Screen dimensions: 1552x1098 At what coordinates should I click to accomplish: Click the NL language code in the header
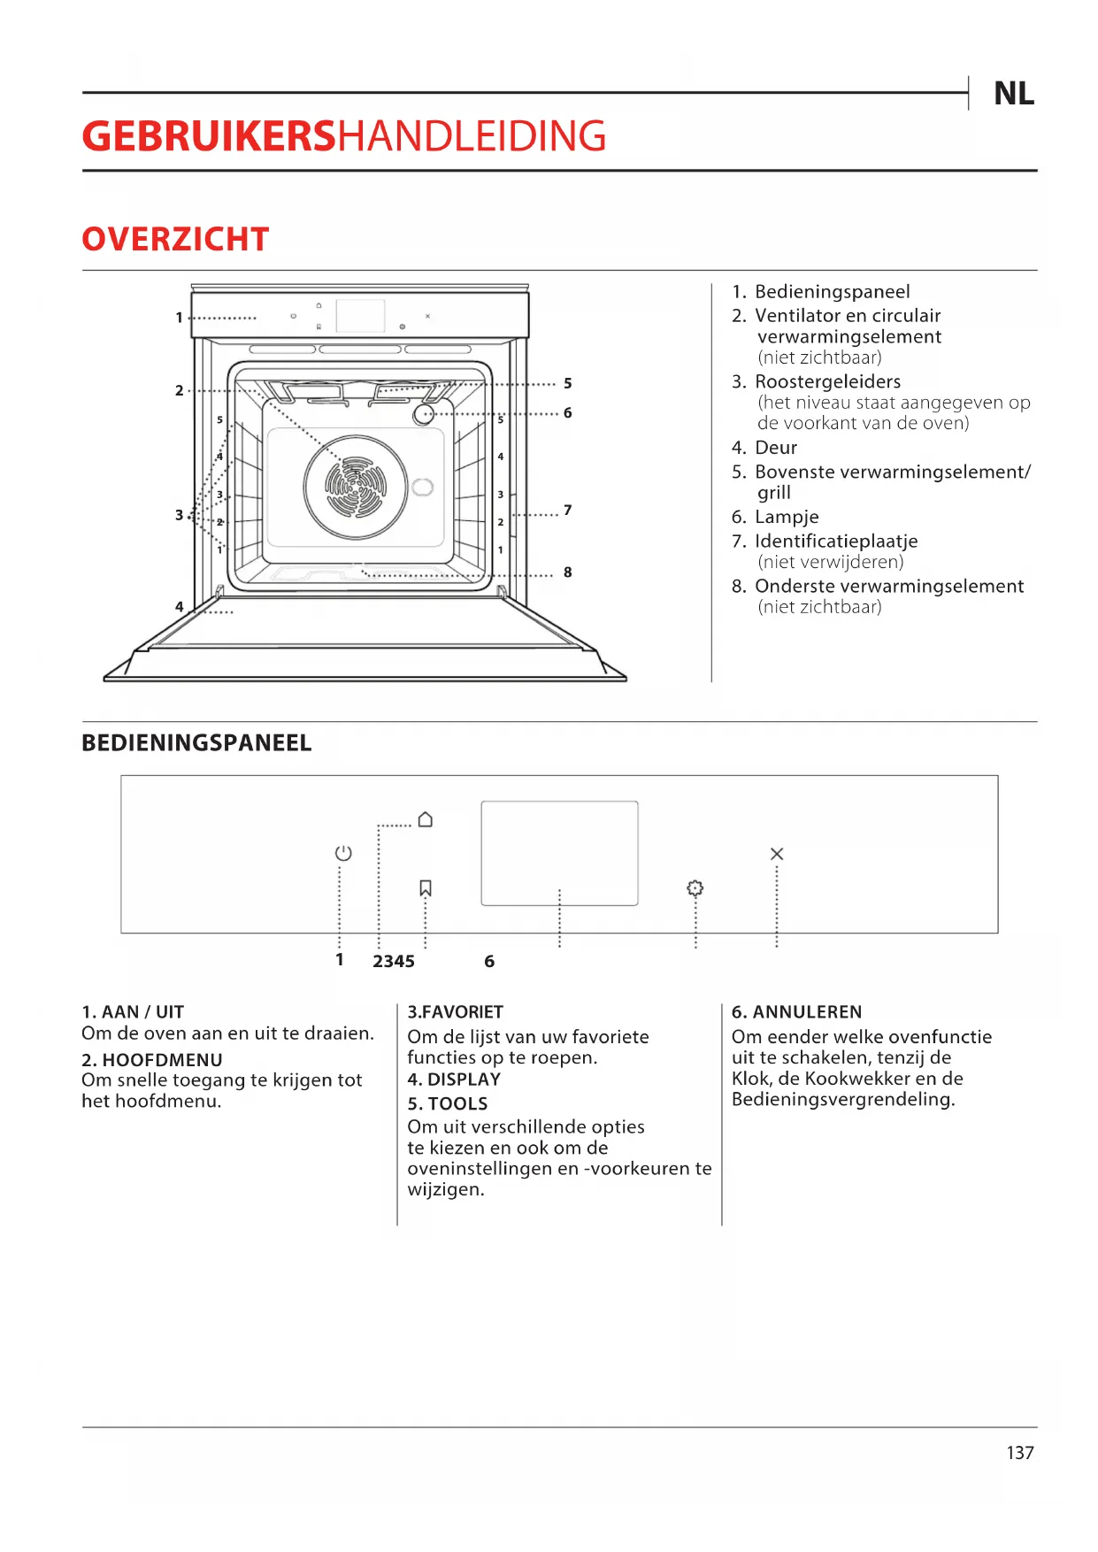coord(1013,94)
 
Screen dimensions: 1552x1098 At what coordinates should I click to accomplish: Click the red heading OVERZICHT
coord(175,239)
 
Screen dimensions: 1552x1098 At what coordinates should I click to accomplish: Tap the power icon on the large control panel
coord(343,853)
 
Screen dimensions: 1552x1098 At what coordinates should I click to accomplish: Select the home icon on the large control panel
coord(426,819)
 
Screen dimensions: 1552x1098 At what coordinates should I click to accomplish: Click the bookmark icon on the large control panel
coord(426,887)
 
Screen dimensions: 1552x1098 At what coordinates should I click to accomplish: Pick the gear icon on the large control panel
coord(695,887)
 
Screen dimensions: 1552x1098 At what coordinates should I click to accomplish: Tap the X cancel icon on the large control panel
coord(777,854)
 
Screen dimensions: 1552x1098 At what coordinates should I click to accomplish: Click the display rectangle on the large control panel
coord(559,853)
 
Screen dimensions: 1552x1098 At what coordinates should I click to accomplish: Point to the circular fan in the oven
coord(356,488)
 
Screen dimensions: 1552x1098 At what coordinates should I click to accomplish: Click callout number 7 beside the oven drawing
coord(568,510)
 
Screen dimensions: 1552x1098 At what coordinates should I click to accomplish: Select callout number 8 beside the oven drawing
coord(568,572)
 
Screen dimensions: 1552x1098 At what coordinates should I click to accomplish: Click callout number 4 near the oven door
coord(180,607)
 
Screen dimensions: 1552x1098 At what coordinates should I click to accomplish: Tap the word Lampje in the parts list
coord(787,517)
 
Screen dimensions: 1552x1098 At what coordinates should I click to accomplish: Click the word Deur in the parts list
coord(776,448)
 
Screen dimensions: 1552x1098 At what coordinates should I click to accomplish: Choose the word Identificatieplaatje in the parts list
coord(836,541)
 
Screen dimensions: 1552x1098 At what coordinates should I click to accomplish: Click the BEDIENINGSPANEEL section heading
coord(196,742)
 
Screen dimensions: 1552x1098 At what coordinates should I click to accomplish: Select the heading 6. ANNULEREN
coord(796,1011)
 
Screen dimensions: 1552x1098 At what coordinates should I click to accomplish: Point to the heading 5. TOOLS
coord(448,1103)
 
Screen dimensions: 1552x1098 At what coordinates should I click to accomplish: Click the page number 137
coord(1020,1453)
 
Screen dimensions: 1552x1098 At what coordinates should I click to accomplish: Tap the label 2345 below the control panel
coord(394,962)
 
